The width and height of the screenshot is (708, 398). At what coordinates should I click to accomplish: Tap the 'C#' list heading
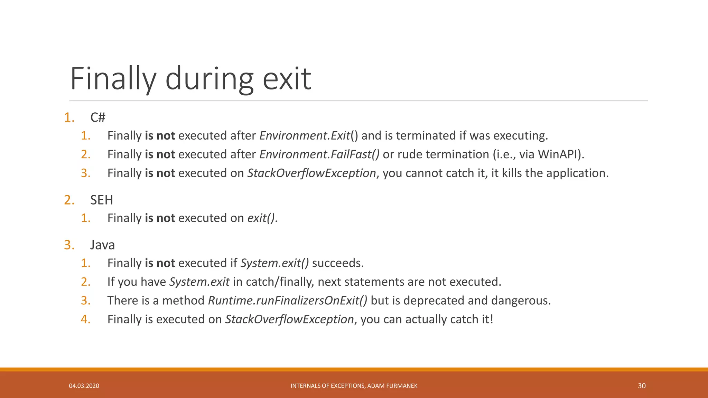click(98, 117)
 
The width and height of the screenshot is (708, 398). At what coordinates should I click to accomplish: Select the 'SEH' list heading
click(102, 200)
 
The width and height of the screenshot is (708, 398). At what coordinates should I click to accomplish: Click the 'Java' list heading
click(102, 245)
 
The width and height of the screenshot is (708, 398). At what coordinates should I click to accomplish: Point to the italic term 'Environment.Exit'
click(305, 135)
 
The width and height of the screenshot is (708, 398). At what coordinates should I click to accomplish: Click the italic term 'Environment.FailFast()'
click(319, 154)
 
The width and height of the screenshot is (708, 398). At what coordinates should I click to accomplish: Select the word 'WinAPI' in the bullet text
click(558, 154)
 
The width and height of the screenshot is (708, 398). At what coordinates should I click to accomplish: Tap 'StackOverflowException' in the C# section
click(311, 173)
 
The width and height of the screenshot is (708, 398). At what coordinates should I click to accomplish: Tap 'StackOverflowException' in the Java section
click(289, 319)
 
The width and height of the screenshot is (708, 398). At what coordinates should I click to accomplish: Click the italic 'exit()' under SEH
click(261, 218)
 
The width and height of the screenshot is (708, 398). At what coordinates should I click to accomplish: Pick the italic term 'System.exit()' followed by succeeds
click(274, 263)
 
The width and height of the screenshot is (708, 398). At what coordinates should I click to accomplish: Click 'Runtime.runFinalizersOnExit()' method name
click(288, 301)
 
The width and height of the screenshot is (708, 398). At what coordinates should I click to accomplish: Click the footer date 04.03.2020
click(84, 386)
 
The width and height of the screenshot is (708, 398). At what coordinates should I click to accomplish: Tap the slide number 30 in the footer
click(641, 386)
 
